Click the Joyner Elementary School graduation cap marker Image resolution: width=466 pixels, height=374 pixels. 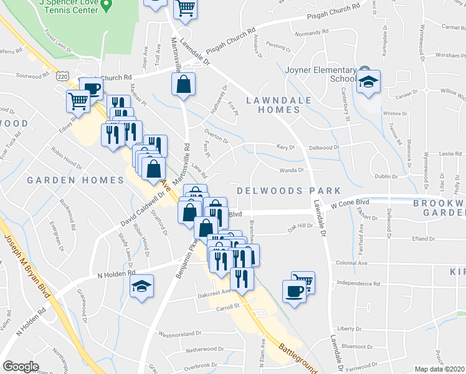pos(369,82)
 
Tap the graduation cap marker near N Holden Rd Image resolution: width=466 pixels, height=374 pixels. pos(141,286)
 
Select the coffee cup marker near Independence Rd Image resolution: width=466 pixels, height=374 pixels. pos(294,290)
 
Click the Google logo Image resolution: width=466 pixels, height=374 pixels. pos(21,367)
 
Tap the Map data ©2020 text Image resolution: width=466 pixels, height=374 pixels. pos(439,369)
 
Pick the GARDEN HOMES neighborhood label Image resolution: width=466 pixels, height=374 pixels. pos(75,180)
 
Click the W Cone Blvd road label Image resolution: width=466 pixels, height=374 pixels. pos(350,204)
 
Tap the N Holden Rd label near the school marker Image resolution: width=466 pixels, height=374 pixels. pos(116,273)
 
